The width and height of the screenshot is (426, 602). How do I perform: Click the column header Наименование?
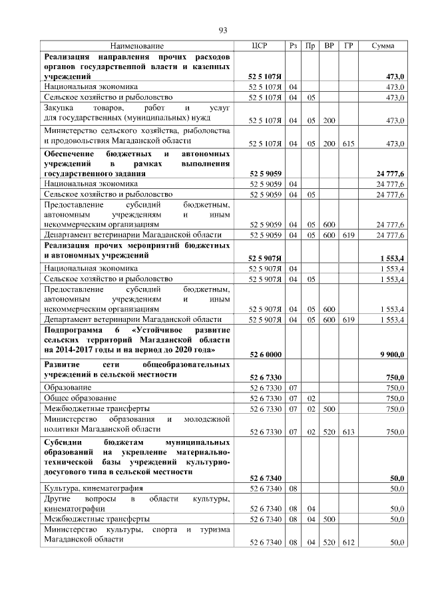(x=136, y=45)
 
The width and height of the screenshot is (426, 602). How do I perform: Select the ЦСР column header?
(x=260, y=45)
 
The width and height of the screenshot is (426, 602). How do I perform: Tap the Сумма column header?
(x=383, y=45)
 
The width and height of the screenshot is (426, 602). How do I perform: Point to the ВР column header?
(x=329, y=45)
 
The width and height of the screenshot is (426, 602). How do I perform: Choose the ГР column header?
(x=348, y=45)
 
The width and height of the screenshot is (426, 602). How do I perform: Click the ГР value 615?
(x=348, y=143)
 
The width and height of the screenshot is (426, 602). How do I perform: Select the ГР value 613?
(x=348, y=432)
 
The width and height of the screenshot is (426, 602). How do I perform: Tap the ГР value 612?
(x=348, y=542)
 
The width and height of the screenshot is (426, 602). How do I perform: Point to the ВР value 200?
(x=329, y=120)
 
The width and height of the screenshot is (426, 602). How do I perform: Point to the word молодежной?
(x=207, y=419)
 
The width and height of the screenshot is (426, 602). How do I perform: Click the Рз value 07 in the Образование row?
(x=294, y=386)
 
